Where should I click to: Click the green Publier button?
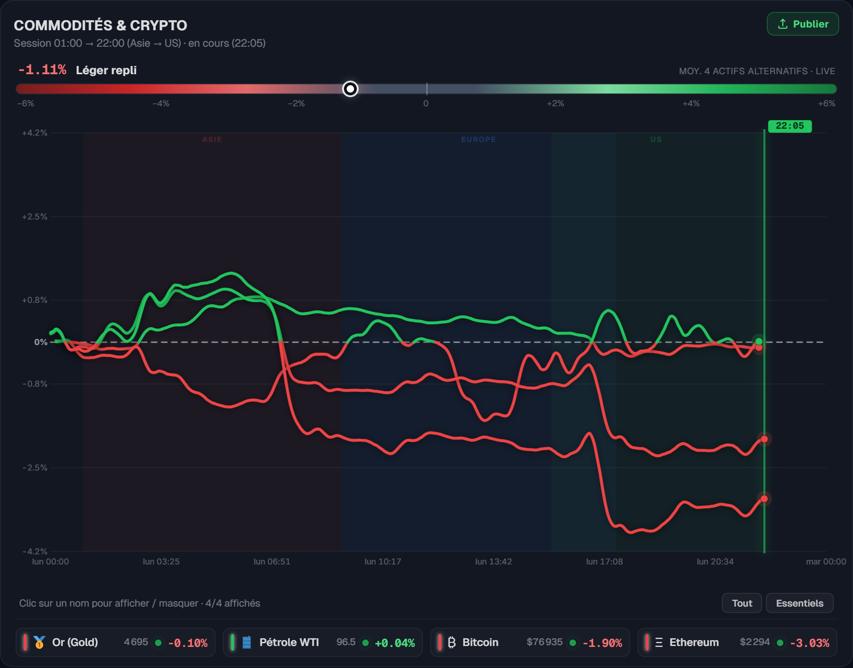803,24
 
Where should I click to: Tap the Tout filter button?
742,603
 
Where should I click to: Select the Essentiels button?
799,603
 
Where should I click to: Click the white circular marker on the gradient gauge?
350,89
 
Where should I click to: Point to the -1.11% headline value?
42,70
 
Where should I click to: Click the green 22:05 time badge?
790,126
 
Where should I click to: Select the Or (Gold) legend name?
75,642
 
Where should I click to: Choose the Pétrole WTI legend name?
289,642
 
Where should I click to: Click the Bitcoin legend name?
480,642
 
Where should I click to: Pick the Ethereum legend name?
694,642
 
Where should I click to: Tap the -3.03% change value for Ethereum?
809,643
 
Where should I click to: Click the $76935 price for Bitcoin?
544,642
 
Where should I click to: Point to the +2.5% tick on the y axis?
35,217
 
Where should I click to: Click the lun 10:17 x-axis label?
382,562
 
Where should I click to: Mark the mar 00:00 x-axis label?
826,562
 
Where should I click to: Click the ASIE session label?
212,139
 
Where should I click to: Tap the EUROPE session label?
478,139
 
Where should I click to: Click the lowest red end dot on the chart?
764,498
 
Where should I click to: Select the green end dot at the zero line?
759,341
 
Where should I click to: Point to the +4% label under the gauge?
691,104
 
